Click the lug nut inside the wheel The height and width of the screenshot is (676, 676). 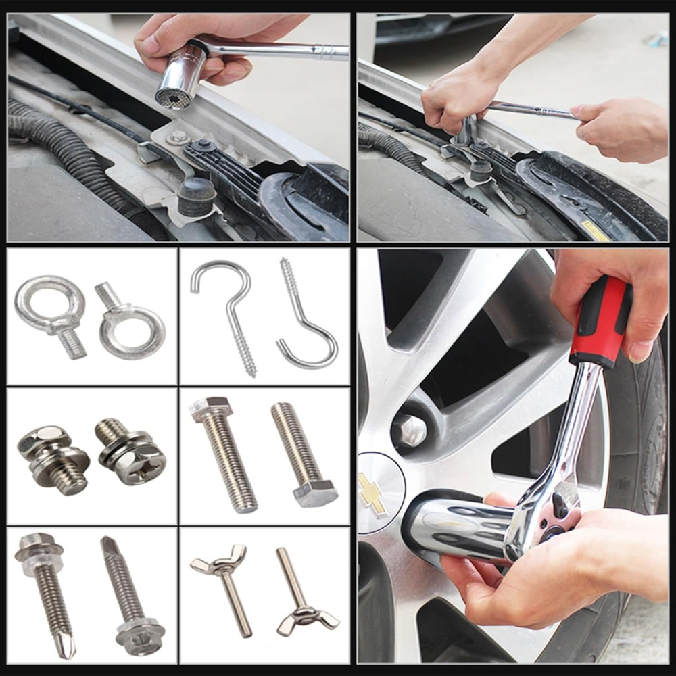[410, 429]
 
